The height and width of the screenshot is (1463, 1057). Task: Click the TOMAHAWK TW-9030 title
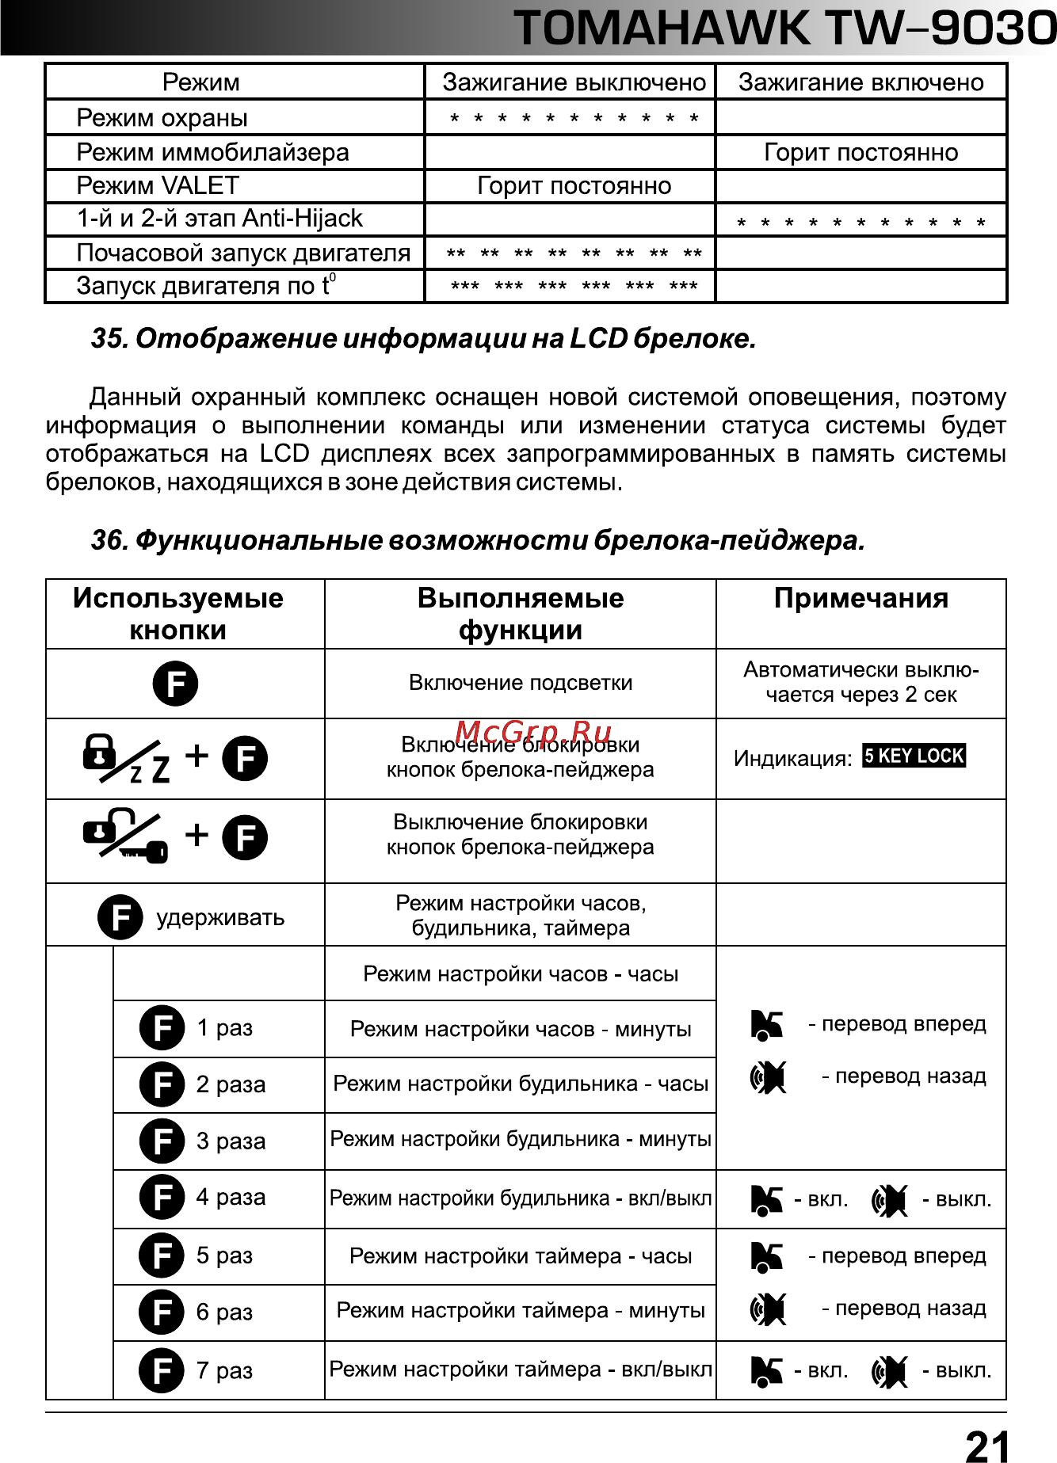784,29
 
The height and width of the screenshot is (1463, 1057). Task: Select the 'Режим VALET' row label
158,185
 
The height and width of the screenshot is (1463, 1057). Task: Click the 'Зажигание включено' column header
860,82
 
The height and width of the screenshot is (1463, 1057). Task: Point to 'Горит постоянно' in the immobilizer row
860,152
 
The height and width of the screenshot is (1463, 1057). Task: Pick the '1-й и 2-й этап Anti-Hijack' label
219,219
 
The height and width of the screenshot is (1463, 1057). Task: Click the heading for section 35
424,339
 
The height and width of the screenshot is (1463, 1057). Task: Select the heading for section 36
478,541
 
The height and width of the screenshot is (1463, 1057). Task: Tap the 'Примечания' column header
860,599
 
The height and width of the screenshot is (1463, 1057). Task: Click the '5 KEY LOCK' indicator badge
914,756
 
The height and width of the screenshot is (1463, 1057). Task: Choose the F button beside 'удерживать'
120,917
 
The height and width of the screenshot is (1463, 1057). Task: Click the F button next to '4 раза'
162,1197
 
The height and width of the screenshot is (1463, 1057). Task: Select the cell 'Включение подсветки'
521,683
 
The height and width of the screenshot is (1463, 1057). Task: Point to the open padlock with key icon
125,836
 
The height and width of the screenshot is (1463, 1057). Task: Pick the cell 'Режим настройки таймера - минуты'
521,1311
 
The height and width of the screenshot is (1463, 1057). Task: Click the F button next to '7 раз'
162,1370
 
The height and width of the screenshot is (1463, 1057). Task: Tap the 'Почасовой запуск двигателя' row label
243,253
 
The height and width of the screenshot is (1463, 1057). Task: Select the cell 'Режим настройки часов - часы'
521,973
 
